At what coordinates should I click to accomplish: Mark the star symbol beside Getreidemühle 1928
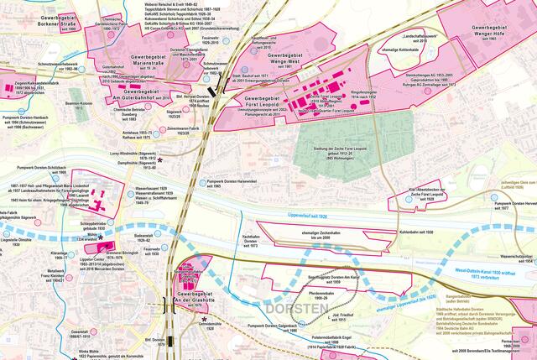[205, 319]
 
